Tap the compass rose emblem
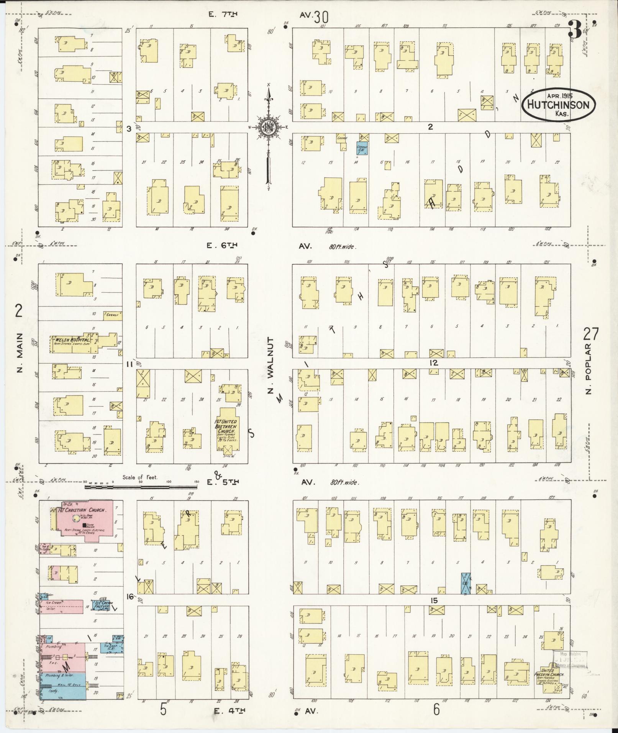pos(269,128)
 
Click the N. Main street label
pos(20,353)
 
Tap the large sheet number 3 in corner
pos(574,31)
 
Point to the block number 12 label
pos(433,362)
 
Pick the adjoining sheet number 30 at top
pos(321,17)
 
